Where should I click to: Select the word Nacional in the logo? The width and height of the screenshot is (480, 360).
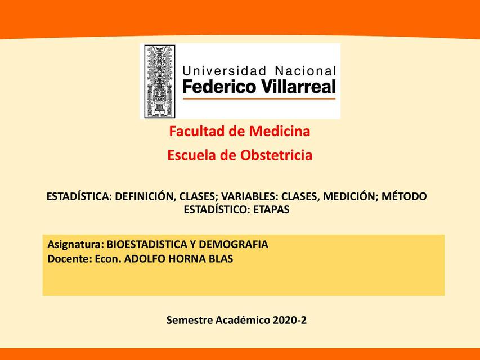(x=306, y=71)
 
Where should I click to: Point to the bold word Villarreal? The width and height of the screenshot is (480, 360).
(x=298, y=86)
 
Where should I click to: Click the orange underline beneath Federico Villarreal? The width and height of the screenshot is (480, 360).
(x=259, y=98)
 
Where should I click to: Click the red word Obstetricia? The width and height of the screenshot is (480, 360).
(x=276, y=155)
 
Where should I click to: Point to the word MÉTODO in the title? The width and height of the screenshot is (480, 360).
(x=404, y=196)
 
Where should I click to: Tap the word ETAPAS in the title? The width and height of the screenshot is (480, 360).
(x=271, y=210)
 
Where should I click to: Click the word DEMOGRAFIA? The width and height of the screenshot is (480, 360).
(x=234, y=244)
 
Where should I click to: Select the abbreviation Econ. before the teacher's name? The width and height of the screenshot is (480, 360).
(x=108, y=259)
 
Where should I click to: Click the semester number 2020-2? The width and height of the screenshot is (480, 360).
(x=289, y=320)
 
